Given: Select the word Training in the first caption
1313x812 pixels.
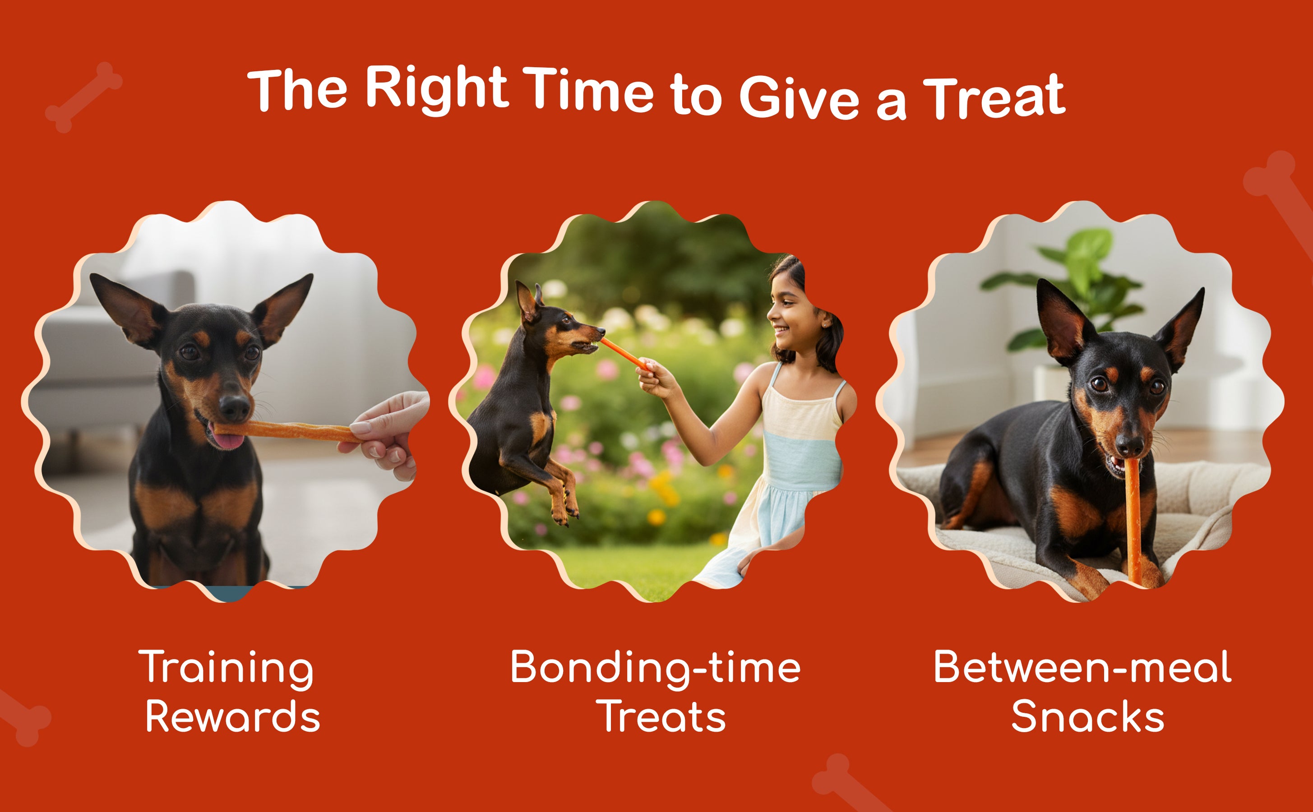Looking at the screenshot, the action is pos(226,669).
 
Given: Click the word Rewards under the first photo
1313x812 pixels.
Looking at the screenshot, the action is pos(232,716).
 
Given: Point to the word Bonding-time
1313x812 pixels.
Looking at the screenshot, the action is pos(655,669).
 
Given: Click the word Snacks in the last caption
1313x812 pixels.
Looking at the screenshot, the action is pos(1088,716).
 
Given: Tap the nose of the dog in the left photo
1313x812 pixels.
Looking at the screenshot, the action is pos(235,408).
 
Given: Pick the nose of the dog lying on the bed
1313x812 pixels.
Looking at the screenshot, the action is pos(1129,445).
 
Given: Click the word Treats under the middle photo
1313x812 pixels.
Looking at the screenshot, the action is pos(664,716).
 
